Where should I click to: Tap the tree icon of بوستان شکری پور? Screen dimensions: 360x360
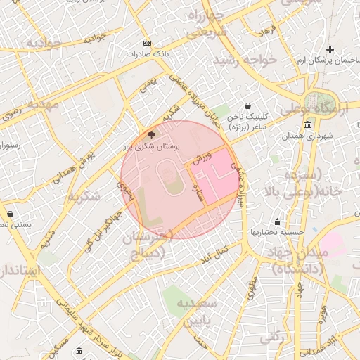(x=151, y=134)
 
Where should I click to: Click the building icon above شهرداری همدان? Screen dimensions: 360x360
(x=308, y=123)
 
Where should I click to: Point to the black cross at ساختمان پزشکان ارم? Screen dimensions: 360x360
(x=330, y=49)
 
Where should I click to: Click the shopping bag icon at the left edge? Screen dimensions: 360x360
(x=10, y=214)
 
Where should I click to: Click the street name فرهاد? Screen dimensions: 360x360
(x=268, y=30)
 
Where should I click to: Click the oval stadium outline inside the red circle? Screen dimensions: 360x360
(x=173, y=179)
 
